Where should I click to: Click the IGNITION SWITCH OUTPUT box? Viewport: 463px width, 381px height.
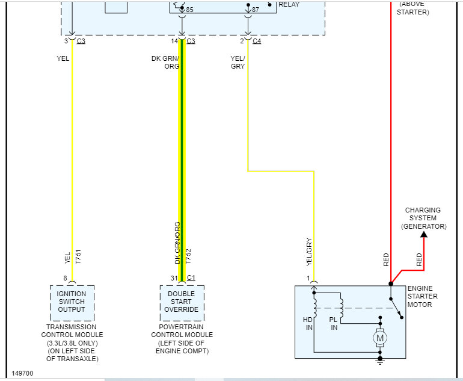click(72, 302)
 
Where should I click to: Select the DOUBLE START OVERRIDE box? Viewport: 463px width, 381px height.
click(182, 302)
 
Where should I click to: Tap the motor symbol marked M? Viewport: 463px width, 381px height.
click(379, 338)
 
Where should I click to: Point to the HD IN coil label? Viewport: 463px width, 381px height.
click(307, 323)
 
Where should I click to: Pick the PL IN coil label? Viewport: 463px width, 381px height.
click(334, 323)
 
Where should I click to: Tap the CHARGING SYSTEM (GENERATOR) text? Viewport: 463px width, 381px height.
click(423, 218)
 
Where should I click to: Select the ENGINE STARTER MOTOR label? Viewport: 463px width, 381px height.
click(423, 296)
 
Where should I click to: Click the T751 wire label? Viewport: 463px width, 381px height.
click(78, 256)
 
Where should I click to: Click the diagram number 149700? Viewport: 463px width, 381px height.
click(22, 373)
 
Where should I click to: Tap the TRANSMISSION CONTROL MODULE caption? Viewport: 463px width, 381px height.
click(72, 342)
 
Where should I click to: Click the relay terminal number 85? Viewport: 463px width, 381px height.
click(189, 10)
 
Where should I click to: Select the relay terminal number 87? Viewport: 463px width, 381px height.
click(256, 10)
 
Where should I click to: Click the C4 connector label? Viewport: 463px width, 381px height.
click(257, 41)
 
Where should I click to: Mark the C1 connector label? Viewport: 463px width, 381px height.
click(191, 277)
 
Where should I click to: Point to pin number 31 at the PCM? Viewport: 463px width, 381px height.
click(174, 277)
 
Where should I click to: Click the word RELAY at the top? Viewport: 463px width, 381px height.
click(289, 4)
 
